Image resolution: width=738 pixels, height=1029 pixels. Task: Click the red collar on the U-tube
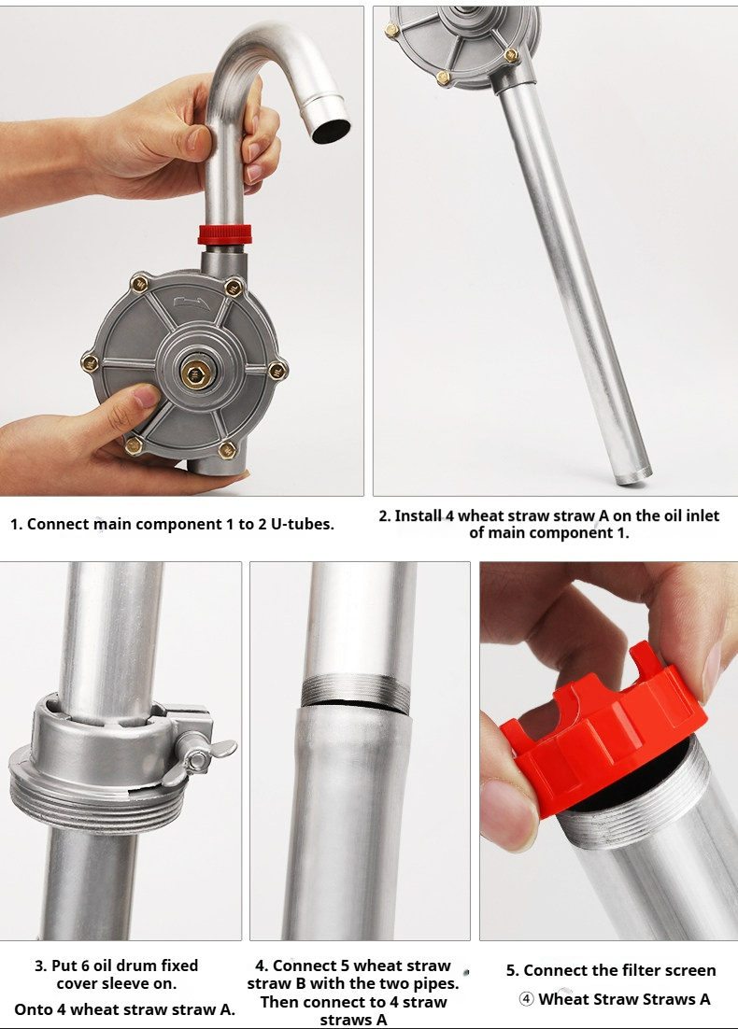(224, 234)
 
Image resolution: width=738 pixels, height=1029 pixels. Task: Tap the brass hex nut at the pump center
(195, 374)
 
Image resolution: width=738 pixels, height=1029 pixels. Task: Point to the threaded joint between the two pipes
(356, 692)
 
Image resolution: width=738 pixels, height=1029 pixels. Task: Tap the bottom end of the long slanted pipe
(633, 475)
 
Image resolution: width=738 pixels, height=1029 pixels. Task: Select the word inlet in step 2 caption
(701, 515)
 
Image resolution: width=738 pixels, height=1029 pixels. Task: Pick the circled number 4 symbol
(527, 999)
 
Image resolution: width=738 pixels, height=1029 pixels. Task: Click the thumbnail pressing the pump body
(146, 396)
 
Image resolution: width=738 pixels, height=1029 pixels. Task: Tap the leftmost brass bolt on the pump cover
(90, 362)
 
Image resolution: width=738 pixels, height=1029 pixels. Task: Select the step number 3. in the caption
(41, 966)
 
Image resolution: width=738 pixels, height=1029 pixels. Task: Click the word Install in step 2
(418, 515)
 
